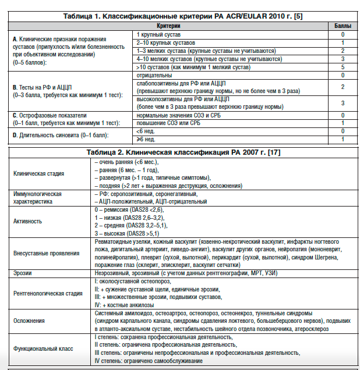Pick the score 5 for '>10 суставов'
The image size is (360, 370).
(343, 67)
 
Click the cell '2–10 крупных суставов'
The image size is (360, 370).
(165, 43)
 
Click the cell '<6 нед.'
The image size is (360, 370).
(144, 131)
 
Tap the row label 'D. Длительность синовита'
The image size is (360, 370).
(55, 136)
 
